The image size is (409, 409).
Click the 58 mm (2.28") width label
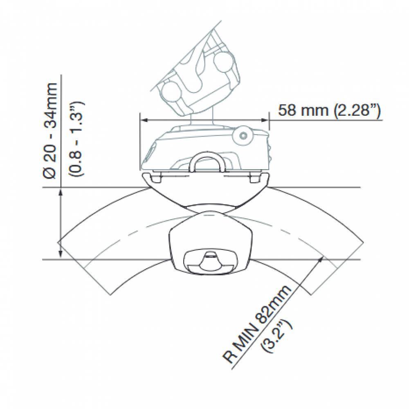pyautogui.click(x=330, y=110)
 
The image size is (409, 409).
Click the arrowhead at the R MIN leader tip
pyautogui.click(x=323, y=258)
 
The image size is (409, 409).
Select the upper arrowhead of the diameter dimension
pyautogui.click(x=61, y=191)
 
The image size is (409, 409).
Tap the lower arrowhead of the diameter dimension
pyautogui.click(x=61, y=256)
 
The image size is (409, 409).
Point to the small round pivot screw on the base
pyautogui.click(x=243, y=136)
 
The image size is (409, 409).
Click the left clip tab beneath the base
pyautogui.click(x=153, y=177)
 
